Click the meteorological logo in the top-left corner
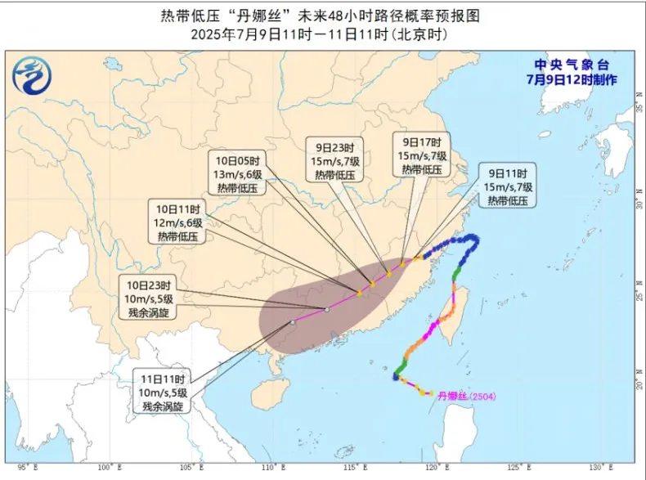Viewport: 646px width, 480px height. (x=29, y=77)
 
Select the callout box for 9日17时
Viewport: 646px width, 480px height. (x=422, y=155)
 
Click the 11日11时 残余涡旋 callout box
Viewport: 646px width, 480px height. (x=165, y=393)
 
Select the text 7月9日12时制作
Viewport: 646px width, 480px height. (x=572, y=79)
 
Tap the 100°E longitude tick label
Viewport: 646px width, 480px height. (x=104, y=467)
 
